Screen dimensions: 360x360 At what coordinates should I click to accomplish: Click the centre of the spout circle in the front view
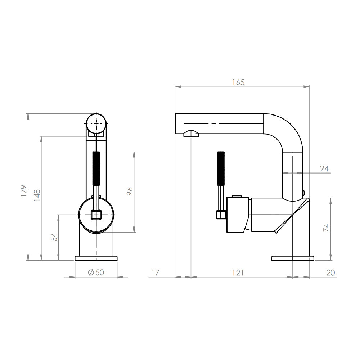coord(96,123)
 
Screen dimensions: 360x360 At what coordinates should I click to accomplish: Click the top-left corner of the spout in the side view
coord(175,113)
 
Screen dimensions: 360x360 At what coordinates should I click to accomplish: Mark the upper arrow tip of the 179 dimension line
coord(28,114)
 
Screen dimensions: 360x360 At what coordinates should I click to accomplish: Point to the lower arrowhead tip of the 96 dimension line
coord(134,232)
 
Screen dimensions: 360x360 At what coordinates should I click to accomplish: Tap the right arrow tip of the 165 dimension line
coord(309,86)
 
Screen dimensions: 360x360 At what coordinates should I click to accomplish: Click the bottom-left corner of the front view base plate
coord(75,260)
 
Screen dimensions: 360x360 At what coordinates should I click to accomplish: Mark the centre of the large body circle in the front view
coord(96,215)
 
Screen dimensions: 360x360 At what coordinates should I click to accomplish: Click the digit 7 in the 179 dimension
coord(24,191)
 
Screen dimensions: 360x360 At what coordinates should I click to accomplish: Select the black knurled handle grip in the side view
coord(221,168)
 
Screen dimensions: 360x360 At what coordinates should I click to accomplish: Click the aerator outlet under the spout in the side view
coord(191,134)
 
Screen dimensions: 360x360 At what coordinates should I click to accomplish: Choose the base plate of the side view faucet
coord(293,258)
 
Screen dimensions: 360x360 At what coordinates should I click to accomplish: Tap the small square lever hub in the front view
coord(96,215)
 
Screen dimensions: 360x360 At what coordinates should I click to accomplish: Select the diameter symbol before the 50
coord(91,272)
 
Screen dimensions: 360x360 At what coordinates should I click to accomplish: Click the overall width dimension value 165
coord(238,82)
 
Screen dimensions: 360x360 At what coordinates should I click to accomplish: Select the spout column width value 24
coord(324,169)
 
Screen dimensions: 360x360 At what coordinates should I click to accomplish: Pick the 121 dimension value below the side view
coord(238,273)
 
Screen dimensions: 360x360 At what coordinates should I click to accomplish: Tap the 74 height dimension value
coord(326,228)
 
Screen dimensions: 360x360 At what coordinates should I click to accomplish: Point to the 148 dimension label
coord(37,195)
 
